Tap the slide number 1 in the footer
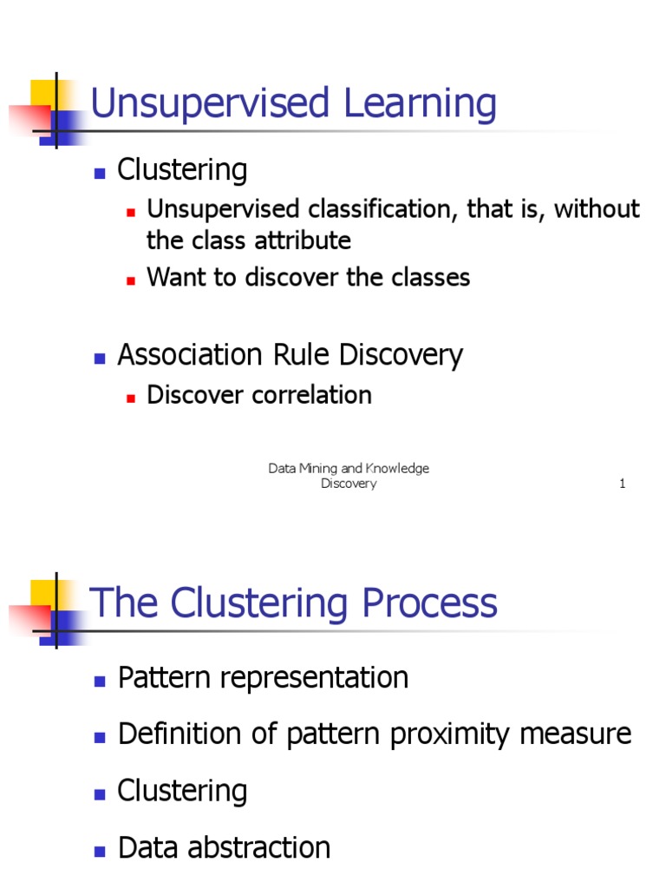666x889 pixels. pyautogui.click(x=622, y=484)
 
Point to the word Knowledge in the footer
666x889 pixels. pyautogui.click(x=398, y=469)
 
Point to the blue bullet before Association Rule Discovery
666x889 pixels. pyautogui.click(x=100, y=357)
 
